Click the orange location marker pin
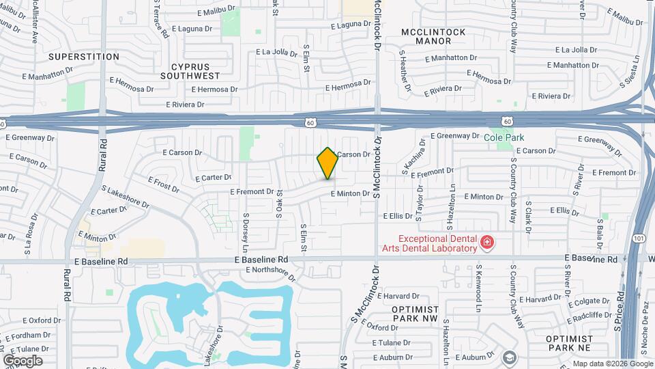coord(327,163)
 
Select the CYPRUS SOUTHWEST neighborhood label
coord(190,70)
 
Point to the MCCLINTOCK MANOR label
coord(433,37)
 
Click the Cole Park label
coord(504,137)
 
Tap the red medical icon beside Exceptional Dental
coord(486,242)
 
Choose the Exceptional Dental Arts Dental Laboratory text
coord(437,244)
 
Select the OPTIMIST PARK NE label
coord(568,343)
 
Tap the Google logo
coord(23,360)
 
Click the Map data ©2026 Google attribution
coord(612,364)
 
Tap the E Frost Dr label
coord(163,183)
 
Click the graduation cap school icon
coord(509,357)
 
